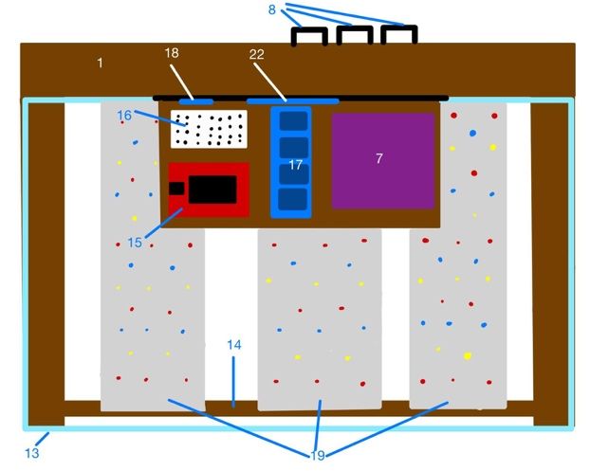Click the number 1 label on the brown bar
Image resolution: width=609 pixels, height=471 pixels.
pos(100,63)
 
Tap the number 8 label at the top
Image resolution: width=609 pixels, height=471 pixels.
pos(272,9)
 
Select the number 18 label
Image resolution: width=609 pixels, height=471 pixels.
pos(172,56)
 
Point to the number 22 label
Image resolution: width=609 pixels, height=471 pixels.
pos(256,56)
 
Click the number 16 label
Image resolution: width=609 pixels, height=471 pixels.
pos(125,115)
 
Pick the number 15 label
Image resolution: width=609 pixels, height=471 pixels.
pos(135,243)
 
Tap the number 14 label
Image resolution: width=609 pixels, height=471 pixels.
pos(233,345)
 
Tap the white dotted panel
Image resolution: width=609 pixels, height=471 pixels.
pos(209,129)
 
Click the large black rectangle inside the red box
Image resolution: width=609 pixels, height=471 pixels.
pos(212,189)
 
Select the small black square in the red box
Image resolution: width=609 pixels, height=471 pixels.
pos(175,188)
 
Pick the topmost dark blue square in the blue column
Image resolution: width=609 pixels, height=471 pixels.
pos(296,122)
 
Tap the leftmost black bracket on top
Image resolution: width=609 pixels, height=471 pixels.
pos(309,35)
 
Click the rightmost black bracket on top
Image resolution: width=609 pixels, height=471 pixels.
pos(399,35)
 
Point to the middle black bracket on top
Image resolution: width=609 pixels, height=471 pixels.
pos(354,35)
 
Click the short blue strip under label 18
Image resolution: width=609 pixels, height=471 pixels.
pos(196,99)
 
